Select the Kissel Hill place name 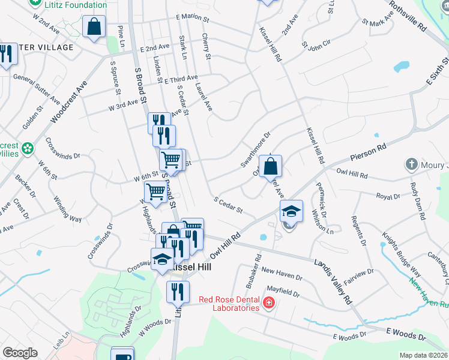point(190,264)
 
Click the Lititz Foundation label point(76,5)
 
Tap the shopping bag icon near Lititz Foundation point(94,27)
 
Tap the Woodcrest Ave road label point(70,101)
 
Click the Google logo point(20,353)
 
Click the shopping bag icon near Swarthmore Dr point(271,166)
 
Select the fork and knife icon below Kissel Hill point(178,292)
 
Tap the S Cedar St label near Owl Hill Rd point(228,205)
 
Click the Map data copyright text point(423,355)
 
